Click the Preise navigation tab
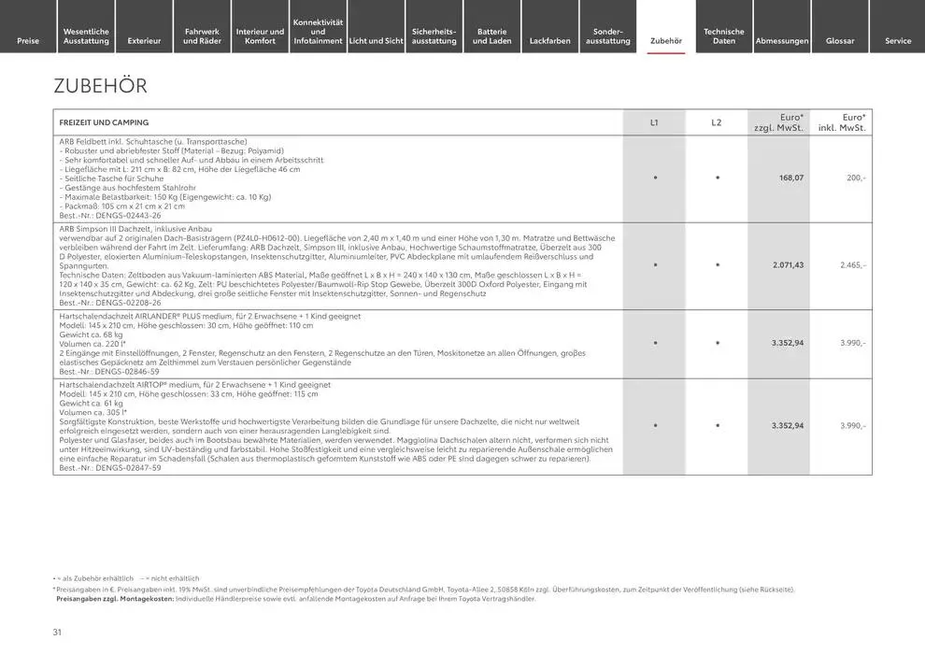coord(28,40)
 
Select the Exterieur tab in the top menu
coord(144,40)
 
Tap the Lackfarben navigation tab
coord(549,40)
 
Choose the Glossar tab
coord(840,40)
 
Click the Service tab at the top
coord(898,40)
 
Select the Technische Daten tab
coord(724,36)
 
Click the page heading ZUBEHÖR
coord(101,86)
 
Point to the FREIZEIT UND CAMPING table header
coord(104,122)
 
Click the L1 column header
coord(654,122)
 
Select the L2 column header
coord(717,122)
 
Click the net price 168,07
coord(791,178)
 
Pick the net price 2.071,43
coord(788,265)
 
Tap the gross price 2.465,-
coord(853,265)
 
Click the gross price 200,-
coord(856,178)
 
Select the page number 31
coord(57,633)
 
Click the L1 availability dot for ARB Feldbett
coord(654,178)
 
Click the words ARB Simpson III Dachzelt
coord(109,229)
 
